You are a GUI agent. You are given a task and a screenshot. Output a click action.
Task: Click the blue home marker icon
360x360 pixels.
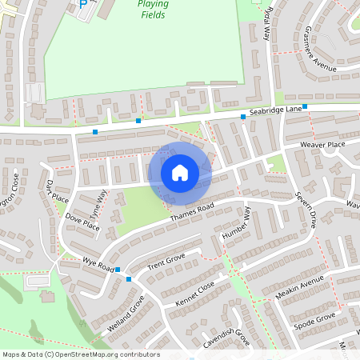[180, 172]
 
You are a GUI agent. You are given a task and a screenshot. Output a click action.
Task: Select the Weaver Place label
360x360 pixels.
[322, 144]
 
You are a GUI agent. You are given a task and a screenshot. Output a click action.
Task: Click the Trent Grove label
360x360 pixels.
[166, 261]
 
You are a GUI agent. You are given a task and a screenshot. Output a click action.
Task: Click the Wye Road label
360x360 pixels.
[100, 264]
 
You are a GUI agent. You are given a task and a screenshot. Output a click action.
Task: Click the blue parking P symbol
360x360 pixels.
[84, 4]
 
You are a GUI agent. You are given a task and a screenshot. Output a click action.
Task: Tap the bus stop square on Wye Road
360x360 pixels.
[129, 279]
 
